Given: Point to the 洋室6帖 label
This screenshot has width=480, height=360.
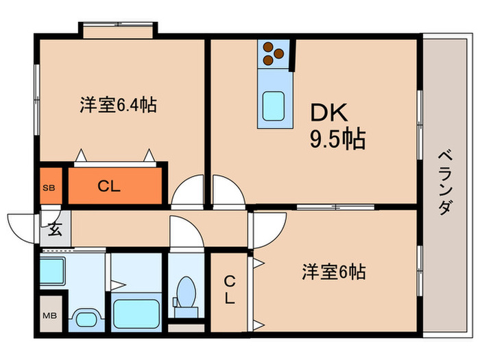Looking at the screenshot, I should (333, 272).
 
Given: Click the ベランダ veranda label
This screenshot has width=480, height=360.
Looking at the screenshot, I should (444, 182).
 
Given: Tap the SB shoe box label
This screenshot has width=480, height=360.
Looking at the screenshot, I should (49, 187).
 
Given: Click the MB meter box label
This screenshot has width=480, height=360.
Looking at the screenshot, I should (50, 315).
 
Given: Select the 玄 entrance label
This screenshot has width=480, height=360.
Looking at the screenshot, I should (54, 230).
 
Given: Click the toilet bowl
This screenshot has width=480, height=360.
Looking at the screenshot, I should (185, 293).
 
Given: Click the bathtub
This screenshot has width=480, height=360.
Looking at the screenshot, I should (136, 313).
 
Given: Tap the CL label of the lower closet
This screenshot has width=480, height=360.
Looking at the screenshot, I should (229, 289).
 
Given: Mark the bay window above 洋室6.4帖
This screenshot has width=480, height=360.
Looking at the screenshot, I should (118, 29).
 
